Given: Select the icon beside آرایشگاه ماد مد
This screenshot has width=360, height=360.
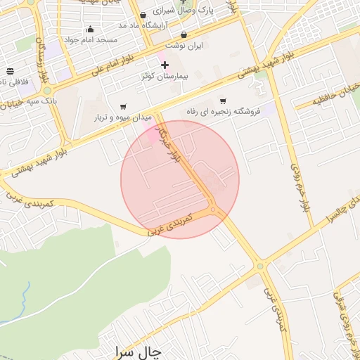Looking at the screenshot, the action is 143,15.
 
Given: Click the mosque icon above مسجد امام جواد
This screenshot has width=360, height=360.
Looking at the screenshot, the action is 90,30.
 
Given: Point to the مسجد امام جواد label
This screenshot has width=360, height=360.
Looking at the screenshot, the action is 91,39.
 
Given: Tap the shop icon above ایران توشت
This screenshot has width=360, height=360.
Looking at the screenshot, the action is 184,34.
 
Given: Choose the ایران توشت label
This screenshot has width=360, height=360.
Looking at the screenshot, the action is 188,45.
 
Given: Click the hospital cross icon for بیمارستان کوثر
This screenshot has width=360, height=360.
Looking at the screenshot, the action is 165,65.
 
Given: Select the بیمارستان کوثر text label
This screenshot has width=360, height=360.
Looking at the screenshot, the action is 165,75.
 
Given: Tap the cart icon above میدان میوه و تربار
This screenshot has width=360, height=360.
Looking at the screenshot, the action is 123,106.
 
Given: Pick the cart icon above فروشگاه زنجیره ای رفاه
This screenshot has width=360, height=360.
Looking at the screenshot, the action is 223,101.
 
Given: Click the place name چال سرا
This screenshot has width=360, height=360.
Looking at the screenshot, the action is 136,349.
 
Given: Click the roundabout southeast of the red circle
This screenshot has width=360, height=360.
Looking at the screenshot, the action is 260,266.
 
